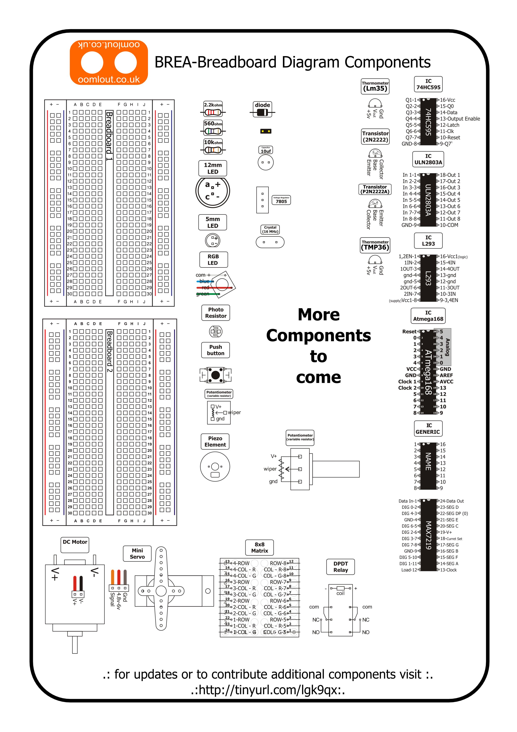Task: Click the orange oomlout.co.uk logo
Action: click(x=109, y=62)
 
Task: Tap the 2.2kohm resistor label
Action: click(x=213, y=105)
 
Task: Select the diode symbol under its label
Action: click(x=262, y=112)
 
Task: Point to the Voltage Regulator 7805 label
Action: click(x=281, y=200)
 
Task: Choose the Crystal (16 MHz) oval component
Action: click(x=270, y=242)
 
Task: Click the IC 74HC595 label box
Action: click(x=428, y=84)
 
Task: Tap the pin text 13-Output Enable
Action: click(x=460, y=119)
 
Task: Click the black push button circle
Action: click(x=215, y=375)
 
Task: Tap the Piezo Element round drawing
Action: click(x=215, y=467)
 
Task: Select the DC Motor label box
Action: click(x=75, y=545)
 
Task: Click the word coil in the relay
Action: click(x=340, y=593)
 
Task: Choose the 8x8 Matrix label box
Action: click(x=259, y=547)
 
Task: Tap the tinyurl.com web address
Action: click(x=268, y=690)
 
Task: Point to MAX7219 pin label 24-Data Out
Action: click(x=452, y=501)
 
